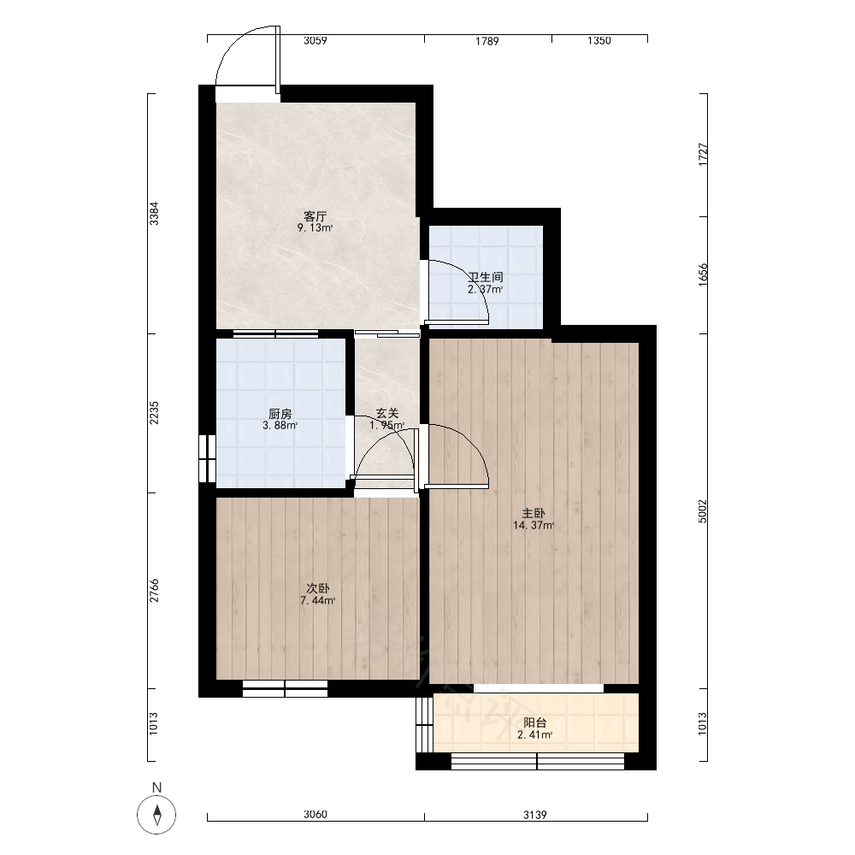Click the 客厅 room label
pyautogui.click(x=315, y=216)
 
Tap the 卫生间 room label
pyautogui.click(x=486, y=277)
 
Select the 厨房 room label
pyautogui.click(x=280, y=414)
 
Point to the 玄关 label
pyautogui.click(x=387, y=414)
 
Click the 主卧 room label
pyautogui.click(x=534, y=513)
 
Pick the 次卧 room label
pyautogui.click(x=317, y=589)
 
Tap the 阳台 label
pyautogui.click(x=535, y=723)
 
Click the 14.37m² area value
pyautogui.click(x=534, y=526)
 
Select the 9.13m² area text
pyautogui.click(x=315, y=228)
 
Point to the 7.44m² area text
pyautogui.click(x=317, y=601)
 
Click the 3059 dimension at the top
pyautogui.click(x=315, y=40)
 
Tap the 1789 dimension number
pyautogui.click(x=487, y=40)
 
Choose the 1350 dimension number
pyautogui.click(x=598, y=40)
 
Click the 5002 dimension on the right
pyautogui.click(x=702, y=511)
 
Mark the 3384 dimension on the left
pyautogui.click(x=154, y=214)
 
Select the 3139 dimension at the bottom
pyautogui.click(x=535, y=815)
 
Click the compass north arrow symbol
pyautogui.click(x=157, y=815)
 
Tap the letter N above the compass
pyautogui.click(x=157, y=787)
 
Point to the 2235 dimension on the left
pyautogui.click(x=154, y=413)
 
